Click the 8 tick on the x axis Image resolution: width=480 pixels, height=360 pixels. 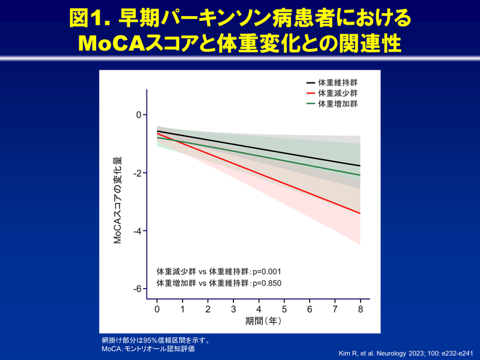360,308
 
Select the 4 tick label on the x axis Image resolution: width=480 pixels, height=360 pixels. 259,308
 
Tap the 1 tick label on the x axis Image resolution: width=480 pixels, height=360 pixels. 182,308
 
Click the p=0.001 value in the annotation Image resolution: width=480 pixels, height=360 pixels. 265,271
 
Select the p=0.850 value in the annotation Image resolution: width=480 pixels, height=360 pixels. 265,283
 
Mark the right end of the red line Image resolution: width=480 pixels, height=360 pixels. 360,213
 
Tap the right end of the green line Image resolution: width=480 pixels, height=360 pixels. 360,175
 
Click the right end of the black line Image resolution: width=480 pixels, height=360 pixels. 360,166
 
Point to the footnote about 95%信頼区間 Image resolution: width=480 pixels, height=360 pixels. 155,340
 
